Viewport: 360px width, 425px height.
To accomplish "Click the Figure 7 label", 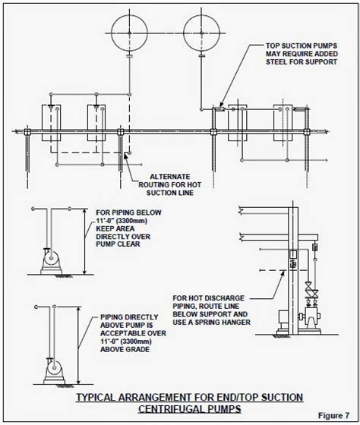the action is (x=333, y=416).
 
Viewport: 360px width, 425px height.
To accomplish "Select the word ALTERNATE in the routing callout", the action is (x=170, y=177).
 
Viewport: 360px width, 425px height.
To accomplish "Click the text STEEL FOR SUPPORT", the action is (x=302, y=61).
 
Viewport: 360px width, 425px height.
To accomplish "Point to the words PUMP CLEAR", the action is (x=118, y=244).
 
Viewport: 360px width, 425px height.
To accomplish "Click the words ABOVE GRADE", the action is (x=125, y=349).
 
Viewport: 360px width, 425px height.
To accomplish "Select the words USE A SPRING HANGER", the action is (x=212, y=323).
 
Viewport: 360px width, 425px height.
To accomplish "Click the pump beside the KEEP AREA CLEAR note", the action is (x=52, y=261).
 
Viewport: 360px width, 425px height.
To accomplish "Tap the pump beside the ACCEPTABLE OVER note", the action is (x=54, y=371).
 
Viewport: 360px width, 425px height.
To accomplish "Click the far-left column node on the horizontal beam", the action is (x=27, y=132).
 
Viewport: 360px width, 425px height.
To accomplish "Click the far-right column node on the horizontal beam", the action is (x=307, y=132).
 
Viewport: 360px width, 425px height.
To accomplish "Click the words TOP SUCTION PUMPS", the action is (x=302, y=46).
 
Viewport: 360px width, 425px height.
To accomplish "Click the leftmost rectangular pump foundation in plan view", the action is (x=52, y=123).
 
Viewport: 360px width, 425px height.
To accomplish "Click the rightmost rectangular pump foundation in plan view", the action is (x=283, y=123).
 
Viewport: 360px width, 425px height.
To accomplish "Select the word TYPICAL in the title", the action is (x=96, y=398).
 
